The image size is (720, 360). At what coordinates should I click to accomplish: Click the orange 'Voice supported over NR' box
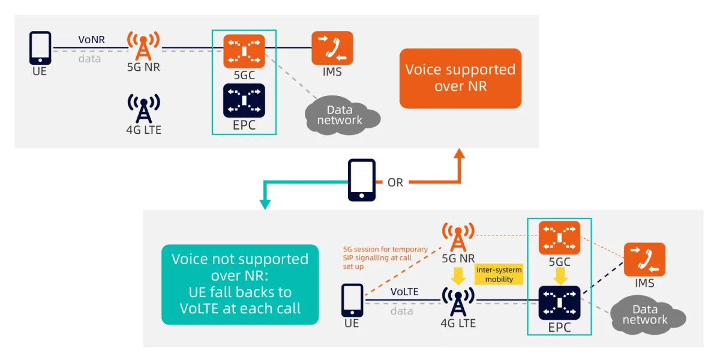point(460,78)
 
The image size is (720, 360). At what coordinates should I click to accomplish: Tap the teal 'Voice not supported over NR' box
point(240,284)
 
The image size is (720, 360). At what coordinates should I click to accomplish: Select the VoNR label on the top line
point(92,40)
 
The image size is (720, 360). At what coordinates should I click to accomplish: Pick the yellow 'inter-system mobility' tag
point(499,274)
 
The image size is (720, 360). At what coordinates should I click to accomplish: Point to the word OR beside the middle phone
point(395,182)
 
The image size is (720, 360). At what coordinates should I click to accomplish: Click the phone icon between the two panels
point(362,180)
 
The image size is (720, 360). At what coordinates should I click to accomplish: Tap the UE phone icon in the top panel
point(40,48)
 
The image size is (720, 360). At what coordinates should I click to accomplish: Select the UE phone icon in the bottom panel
point(352,300)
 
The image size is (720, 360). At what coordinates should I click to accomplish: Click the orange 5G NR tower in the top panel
point(143,45)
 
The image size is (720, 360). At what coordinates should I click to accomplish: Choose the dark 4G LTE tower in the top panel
point(143,109)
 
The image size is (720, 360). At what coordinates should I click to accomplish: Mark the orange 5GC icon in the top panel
point(244,52)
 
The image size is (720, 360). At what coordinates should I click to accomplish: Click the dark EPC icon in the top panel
point(244,100)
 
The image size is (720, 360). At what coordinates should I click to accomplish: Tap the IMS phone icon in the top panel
point(332,48)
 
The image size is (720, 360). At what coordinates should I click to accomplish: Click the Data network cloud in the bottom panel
point(646,314)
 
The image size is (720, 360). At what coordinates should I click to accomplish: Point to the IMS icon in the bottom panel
point(644,259)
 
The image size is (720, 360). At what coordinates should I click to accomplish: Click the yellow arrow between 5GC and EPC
point(560,275)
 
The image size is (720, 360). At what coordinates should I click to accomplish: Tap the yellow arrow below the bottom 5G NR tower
point(457,275)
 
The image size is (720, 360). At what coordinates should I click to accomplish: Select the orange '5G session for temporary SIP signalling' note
point(385,257)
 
